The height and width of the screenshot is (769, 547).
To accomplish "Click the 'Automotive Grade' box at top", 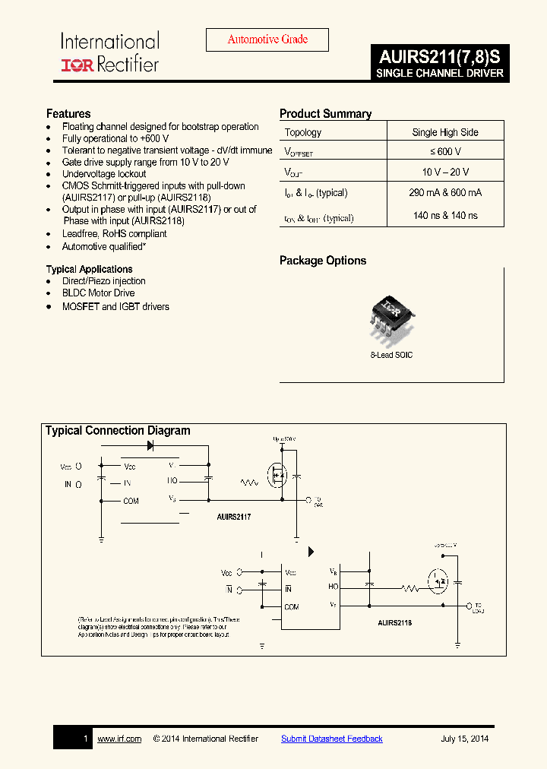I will click(x=267, y=40).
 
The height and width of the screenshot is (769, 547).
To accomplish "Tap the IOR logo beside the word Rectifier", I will click(x=77, y=65).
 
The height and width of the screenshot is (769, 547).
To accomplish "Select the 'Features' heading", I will click(x=68, y=114).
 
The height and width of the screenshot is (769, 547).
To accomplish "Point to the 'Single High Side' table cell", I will click(x=445, y=132).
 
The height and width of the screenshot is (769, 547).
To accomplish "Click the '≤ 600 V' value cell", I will click(x=445, y=151).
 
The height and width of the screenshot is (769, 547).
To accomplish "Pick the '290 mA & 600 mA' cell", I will click(x=445, y=193).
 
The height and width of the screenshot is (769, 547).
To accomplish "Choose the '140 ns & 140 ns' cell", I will click(x=445, y=216).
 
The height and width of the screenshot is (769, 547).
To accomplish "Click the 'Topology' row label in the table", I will click(x=303, y=132).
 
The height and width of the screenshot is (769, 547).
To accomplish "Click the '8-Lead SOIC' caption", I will click(x=392, y=355).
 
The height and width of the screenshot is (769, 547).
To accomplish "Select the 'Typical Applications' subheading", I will click(x=89, y=269).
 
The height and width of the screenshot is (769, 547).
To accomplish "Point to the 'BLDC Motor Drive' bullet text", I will click(x=98, y=293).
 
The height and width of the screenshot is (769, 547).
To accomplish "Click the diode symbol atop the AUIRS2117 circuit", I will click(x=150, y=446).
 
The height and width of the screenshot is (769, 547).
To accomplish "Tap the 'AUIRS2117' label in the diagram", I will click(x=234, y=516).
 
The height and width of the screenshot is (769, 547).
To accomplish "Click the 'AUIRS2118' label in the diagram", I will click(x=394, y=622).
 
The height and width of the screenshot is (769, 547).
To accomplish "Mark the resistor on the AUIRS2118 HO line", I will click(x=410, y=587).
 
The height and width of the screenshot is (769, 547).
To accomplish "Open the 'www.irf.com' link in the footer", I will click(x=119, y=739).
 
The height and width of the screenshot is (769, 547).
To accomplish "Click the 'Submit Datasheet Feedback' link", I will click(x=332, y=739).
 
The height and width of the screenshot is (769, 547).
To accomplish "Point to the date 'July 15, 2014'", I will click(x=465, y=739).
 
